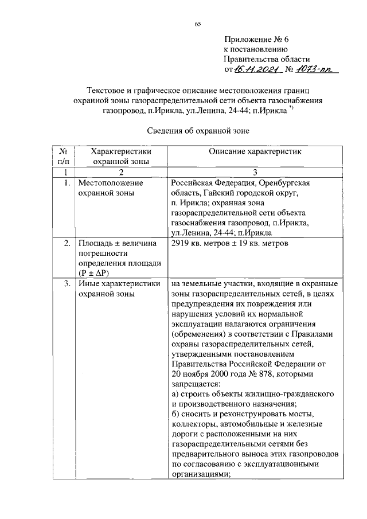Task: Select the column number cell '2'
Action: (121, 172)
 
